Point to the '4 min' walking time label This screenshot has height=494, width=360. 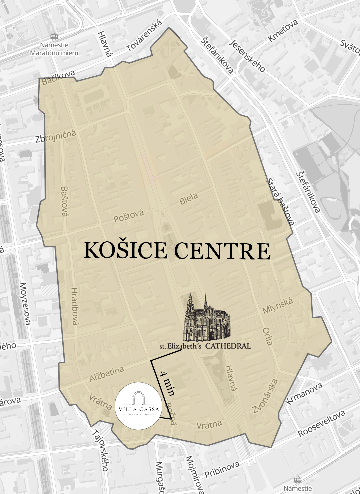tap(167, 383)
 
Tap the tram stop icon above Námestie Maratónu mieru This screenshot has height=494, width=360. tap(54, 37)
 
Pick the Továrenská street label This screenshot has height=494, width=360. tap(144, 36)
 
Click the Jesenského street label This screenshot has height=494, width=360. tap(247, 55)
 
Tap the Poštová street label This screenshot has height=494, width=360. tap(129, 216)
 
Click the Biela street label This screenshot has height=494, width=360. tap(188, 199)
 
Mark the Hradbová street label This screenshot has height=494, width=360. tap(75, 306)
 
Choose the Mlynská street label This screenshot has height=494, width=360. tap(278, 306)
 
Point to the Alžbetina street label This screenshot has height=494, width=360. tap(107, 374)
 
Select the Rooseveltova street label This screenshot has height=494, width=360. tap(322, 423)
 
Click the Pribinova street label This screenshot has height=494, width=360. tap(222, 470)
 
